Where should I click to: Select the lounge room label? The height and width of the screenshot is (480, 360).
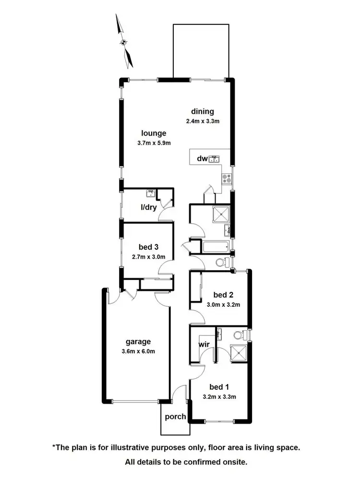pos(154,133)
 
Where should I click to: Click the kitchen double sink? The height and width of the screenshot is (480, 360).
pos(215,158)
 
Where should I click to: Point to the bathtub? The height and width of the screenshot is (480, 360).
pos(215,248)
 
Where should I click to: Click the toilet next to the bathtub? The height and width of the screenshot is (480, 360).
pos(221,262)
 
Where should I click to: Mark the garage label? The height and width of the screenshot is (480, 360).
pos(138,342)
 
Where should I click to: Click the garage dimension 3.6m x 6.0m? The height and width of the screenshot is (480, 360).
pos(138,351)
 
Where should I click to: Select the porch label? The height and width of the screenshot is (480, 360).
pos(175,417)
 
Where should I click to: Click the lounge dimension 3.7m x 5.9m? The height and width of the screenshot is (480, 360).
pos(154,143)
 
